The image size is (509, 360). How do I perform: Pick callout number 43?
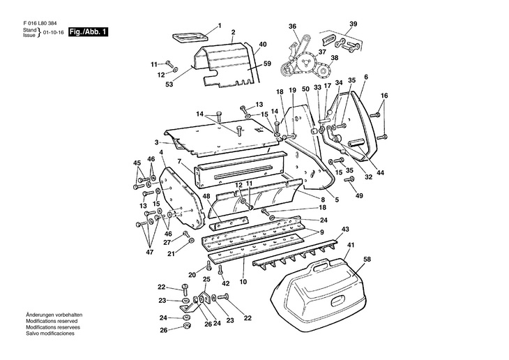pos(344,229)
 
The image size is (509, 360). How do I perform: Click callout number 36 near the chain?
pos(293,27)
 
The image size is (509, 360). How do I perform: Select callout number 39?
pos(353,24)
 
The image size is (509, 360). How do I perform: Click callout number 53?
pos(168,84)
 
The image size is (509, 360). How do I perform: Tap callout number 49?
pos(360,196)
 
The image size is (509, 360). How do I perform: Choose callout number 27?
pos(167,243)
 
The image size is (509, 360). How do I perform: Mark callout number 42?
pos(225,284)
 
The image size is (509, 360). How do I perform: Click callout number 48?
pos(206,196)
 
